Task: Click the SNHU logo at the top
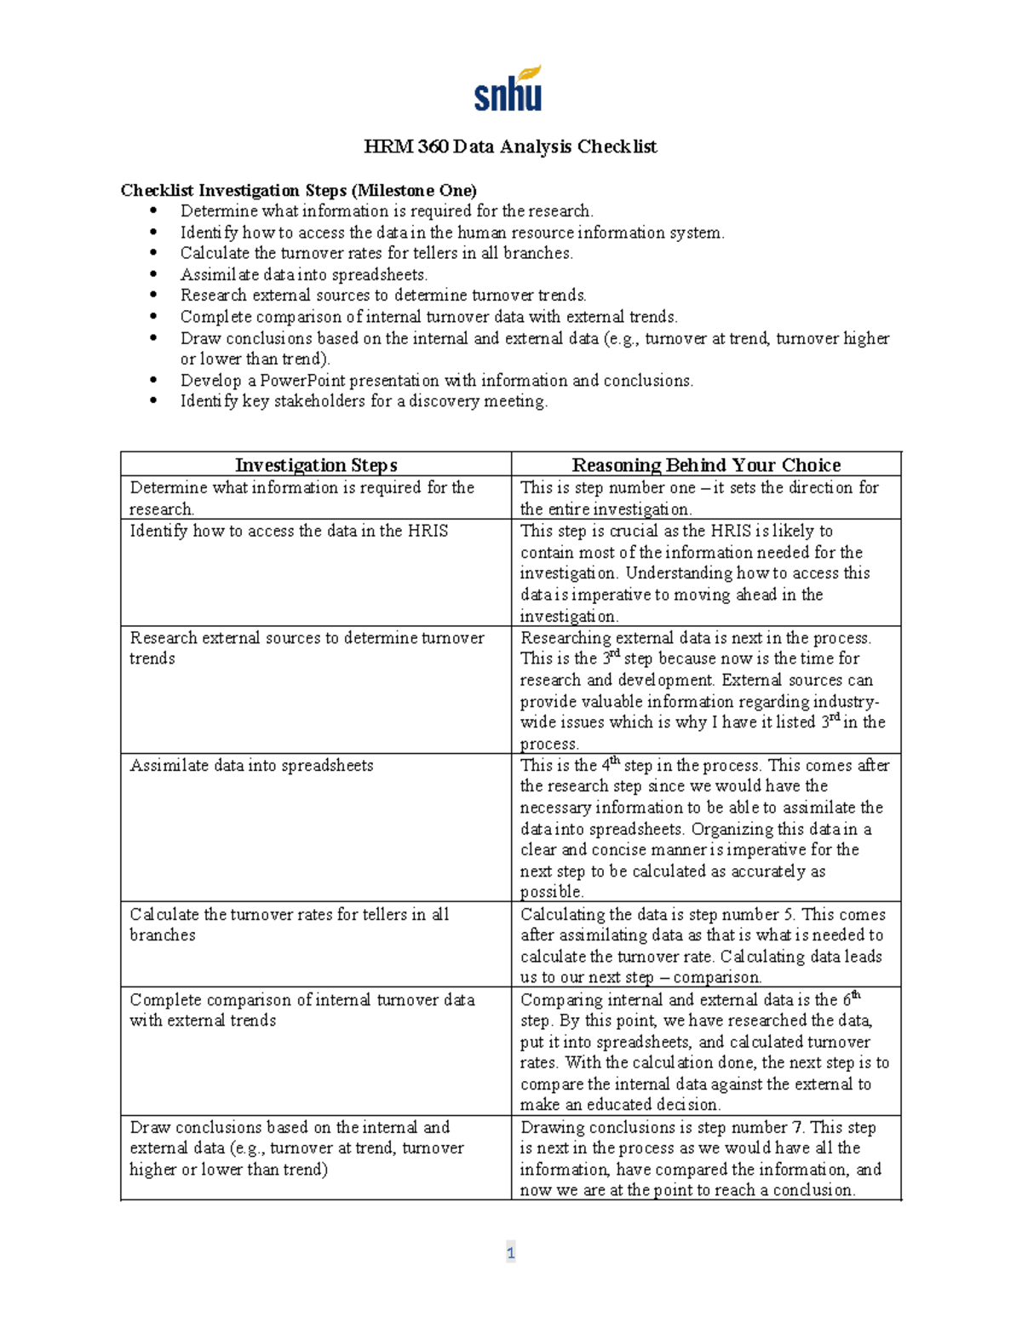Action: click(508, 89)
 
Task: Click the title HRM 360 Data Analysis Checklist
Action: click(510, 147)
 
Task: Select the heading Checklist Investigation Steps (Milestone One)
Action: click(298, 190)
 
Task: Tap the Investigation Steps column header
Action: click(316, 465)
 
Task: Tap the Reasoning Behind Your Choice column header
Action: click(705, 465)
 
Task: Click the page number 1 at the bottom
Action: click(510, 1252)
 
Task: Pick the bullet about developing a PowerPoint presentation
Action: click(436, 380)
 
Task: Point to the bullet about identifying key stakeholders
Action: click(364, 401)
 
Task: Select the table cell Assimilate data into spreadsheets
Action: click(251, 765)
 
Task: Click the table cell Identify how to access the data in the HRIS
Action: click(288, 531)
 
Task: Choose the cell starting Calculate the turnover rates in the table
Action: click(289, 924)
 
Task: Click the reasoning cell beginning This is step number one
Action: click(698, 498)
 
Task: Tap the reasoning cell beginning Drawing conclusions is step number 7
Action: click(698, 1159)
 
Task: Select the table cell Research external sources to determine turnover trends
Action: click(306, 647)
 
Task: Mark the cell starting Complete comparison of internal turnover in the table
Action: click(301, 1010)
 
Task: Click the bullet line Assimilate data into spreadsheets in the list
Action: click(303, 274)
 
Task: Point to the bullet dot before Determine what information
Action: click(153, 211)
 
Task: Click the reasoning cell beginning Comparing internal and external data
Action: click(703, 1052)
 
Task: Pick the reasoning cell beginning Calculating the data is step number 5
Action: click(703, 946)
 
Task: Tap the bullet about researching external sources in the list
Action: click(383, 296)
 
